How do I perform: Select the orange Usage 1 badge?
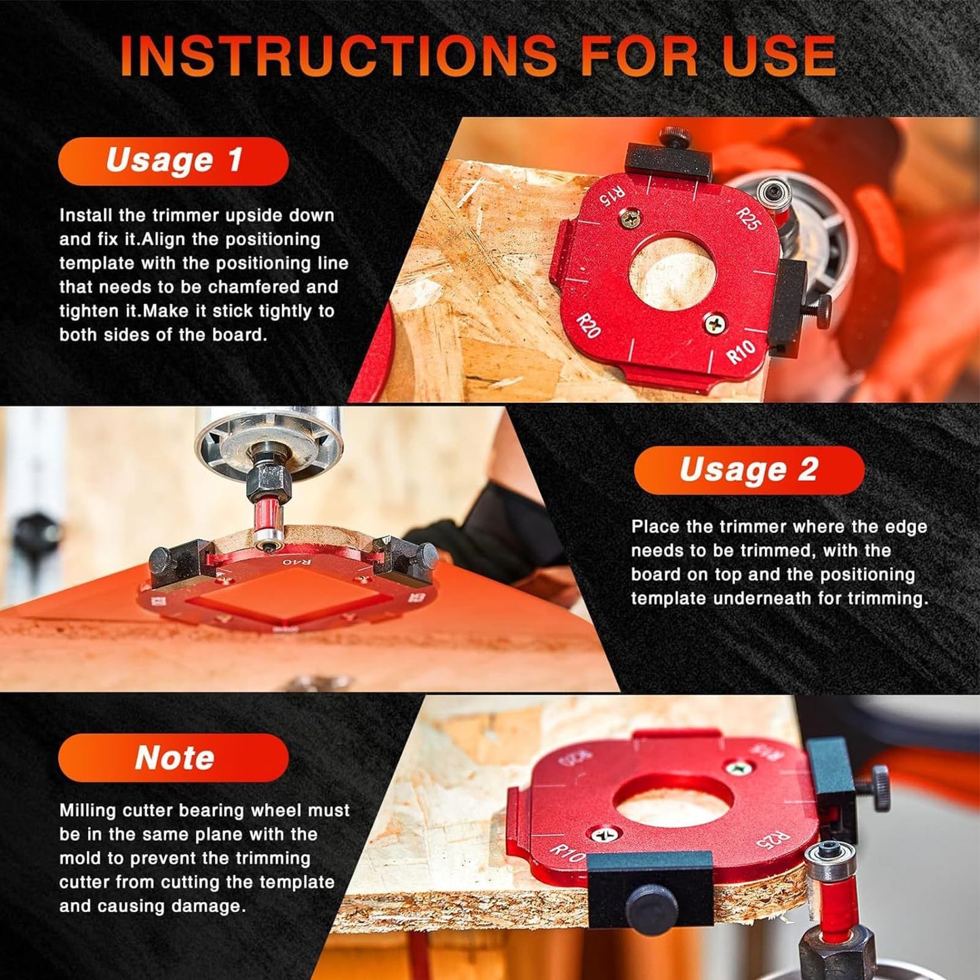tap(174, 161)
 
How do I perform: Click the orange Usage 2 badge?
tap(749, 470)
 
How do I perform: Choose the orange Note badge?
tap(174, 758)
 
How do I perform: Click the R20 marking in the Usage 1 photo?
tap(588, 326)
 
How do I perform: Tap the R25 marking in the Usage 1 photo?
tap(747, 219)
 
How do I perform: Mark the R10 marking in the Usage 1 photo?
tap(741, 352)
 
